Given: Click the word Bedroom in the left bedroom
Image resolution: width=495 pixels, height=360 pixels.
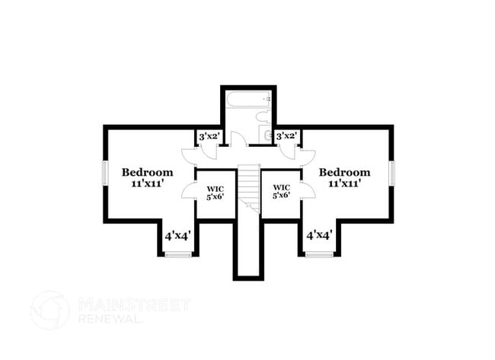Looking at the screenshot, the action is coord(148,172).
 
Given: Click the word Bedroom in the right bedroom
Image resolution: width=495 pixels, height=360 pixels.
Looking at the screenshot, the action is coord(344,172).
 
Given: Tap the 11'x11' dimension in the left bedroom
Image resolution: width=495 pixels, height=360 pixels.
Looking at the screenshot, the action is coord(148,183).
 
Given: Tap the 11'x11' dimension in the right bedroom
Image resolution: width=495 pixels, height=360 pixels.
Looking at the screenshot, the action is coord(345,183).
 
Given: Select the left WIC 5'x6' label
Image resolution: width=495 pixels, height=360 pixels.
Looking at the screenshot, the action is coord(216,193).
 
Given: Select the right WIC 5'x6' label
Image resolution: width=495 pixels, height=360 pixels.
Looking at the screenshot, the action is coord(281,192).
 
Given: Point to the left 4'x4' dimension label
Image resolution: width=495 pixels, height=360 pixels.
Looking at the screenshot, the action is coord(177,235).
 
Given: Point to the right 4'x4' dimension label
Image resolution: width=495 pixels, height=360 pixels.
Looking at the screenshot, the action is coord(320,235).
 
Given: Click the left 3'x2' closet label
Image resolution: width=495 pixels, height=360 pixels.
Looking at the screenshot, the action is coord(209,136).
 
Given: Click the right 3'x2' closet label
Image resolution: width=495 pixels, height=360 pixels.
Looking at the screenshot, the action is coord(287,136).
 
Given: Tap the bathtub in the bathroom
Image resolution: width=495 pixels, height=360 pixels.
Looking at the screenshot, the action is coord(248,100).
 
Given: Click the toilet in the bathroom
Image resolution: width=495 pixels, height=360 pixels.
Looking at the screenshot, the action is coord(263,116).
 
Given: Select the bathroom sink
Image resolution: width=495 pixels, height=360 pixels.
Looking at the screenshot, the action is coord(266,135).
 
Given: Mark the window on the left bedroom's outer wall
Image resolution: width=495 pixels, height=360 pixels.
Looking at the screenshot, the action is coord(105,174).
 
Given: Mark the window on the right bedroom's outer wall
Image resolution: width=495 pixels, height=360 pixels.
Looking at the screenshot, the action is coord(391,174).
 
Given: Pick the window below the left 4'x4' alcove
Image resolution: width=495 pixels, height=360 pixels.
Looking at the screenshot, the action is coord(178,254).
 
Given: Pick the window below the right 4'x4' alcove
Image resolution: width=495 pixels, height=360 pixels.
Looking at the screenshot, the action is coord(319,254).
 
